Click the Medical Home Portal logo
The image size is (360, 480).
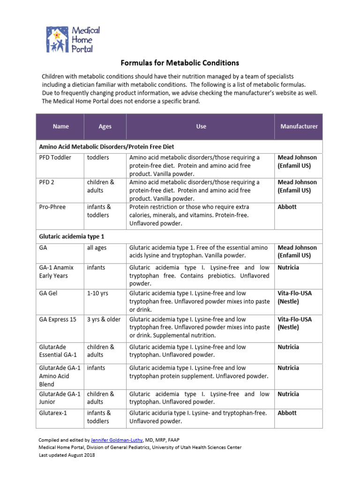click(73, 39)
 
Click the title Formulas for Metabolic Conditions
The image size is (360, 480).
click(180, 63)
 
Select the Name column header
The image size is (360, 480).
click(61, 126)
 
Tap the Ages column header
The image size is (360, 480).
click(105, 126)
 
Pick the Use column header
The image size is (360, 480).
click(201, 126)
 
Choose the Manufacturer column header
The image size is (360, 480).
click(299, 126)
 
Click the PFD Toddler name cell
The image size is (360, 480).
click(55, 157)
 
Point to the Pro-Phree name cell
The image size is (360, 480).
click(52, 207)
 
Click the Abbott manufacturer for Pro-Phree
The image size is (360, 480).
click(287, 207)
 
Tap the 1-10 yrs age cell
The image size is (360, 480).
click(97, 293)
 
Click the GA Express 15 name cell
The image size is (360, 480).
click(58, 319)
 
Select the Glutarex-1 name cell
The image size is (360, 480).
click(53, 413)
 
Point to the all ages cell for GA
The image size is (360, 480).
click(97, 247)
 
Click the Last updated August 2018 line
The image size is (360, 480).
click(67, 455)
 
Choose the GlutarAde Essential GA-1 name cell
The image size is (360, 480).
click(58, 351)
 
